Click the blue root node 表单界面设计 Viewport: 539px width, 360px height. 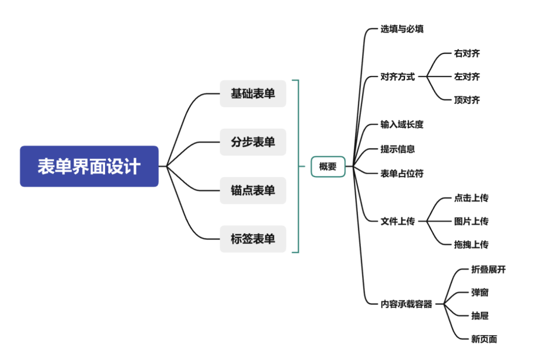pyautogui.click(x=89, y=166)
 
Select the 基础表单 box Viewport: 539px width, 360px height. pyautogui.click(x=253, y=93)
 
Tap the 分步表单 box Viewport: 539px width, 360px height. pyautogui.click(x=253, y=142)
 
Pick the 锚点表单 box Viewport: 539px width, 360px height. pyautogui.click(x=253, y=191)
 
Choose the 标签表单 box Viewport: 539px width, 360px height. pyautogui.click(x=253, y=239)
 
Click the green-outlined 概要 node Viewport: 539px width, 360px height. pyautogui.click(x=328, y=166)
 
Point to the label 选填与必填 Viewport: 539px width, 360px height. pyautogui.click(x=402, y=29)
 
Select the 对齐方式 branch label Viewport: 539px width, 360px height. pyautogui.click(x=397, y=76)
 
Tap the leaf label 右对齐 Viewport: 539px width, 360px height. pyautogui.click(x=467, y=53)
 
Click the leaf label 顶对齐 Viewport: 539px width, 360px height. pyautogui.click(x=467, y=100)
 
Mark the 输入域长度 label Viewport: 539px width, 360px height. pyautogui.click(x=402, y=124)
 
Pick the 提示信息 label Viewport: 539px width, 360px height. pyautogui.click(x=397, y=149)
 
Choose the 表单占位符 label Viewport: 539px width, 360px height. pyautogui.click(x=402, y=173)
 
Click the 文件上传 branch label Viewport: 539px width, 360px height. pyautogui.click(x=397, y=221)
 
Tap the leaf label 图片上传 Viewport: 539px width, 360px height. pyautogui.click(x=471, y=221)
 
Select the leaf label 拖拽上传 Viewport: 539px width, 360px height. pyautogui.click(x=471, y=244)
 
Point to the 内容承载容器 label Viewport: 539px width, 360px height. pyautogui.click(x=406, y=304)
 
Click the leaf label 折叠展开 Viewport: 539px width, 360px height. pyautogui.click(x=488, y=270)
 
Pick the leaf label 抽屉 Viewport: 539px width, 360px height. pyautogui.click(x=479, y=316)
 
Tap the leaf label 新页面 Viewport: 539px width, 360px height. pyautogui.click(x=484, y=339)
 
